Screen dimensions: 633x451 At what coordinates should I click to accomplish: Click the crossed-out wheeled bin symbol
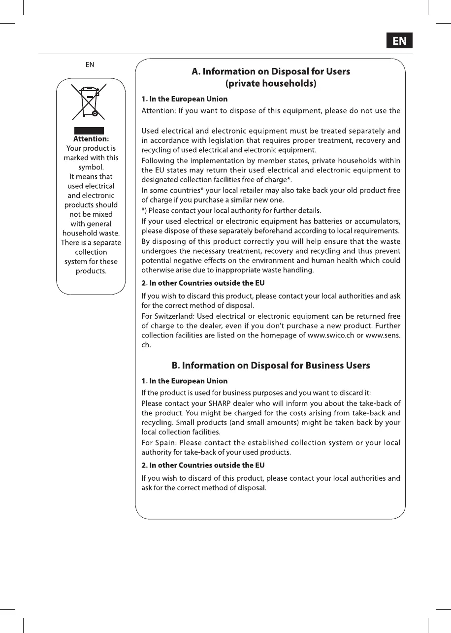click(x=89, y=102)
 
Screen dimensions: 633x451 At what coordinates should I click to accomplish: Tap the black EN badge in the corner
click(x=399, y=41)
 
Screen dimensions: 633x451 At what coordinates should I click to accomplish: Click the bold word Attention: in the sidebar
click(x=91, y=139)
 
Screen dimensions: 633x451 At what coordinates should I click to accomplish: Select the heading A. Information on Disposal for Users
click(x=271, y=72)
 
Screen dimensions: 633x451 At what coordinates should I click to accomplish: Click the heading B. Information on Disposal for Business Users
click(x=271, y=366)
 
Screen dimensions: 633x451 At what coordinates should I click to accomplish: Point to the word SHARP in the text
click(x=209, y=403)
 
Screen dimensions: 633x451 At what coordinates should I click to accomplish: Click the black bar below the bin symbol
click(x=89, y=131)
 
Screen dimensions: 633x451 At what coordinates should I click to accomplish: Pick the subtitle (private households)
click(x=271, y=84)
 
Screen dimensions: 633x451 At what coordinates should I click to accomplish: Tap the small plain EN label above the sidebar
click(x=90, y=65)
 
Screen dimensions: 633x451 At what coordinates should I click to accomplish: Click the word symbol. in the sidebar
click(x=91, y=167)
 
